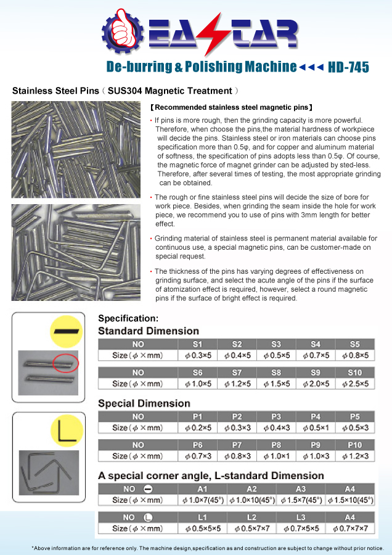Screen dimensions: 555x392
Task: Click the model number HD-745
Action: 349,67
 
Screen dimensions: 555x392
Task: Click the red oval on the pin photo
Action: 66,364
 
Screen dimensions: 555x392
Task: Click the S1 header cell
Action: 198,344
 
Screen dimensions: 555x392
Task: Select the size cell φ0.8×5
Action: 354,355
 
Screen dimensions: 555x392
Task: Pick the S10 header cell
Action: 354,372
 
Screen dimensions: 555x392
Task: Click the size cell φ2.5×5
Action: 354,384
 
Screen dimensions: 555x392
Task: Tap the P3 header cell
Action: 276,416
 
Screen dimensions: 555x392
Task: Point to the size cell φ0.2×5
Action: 198,427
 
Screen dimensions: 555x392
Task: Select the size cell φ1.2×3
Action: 354,456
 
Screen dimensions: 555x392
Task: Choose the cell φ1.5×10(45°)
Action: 349,499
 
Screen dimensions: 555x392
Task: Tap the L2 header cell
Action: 251,517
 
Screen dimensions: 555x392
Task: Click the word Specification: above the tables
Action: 128,319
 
